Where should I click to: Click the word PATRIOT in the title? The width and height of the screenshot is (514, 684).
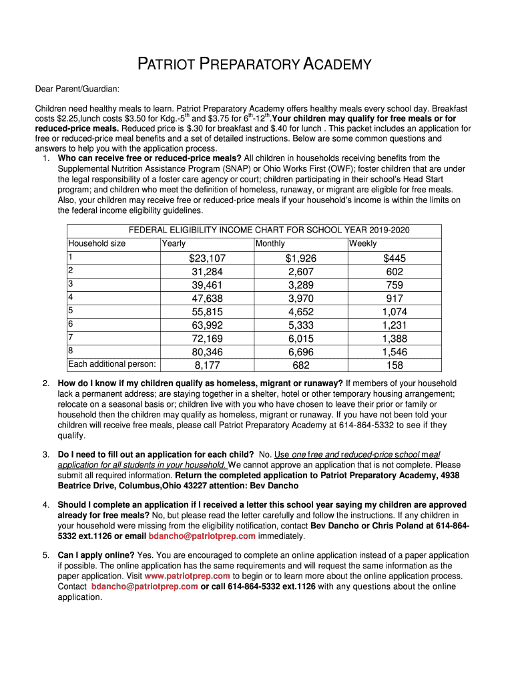click(168, 65)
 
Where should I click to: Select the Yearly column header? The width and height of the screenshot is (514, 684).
click(174, 244)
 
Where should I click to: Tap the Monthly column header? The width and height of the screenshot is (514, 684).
click(270, 244)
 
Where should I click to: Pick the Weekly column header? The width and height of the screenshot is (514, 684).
click(362, 244)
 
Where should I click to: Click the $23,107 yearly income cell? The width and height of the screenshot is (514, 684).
click(207, 259)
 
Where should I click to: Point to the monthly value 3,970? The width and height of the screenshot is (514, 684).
click(301, 299)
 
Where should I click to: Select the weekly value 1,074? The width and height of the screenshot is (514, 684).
click(395, 312)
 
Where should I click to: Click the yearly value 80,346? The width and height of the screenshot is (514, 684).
click(207, 352)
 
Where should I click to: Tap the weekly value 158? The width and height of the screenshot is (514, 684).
click(395, 365)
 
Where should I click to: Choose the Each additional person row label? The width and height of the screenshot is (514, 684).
click(112, 364)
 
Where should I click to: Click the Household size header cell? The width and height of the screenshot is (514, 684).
click(97, 244)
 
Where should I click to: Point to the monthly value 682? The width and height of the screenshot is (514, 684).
click(301, 365)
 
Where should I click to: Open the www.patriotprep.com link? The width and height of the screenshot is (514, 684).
click(187, 576)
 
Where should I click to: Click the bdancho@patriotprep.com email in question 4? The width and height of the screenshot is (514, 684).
click(202, 536)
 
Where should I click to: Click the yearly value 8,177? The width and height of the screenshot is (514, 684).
click(207, 365)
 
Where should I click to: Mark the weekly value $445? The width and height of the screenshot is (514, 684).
click(395, 259)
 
